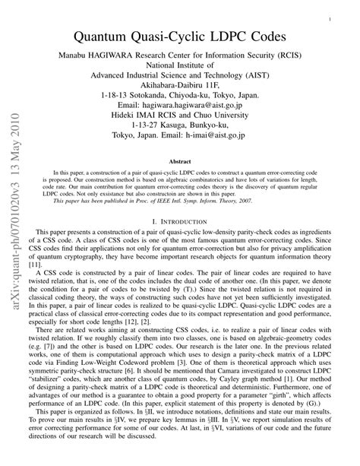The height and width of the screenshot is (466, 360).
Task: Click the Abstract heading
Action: [x=180, y=161]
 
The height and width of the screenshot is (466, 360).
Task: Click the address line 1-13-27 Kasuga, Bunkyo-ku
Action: [x=180, y=126]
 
